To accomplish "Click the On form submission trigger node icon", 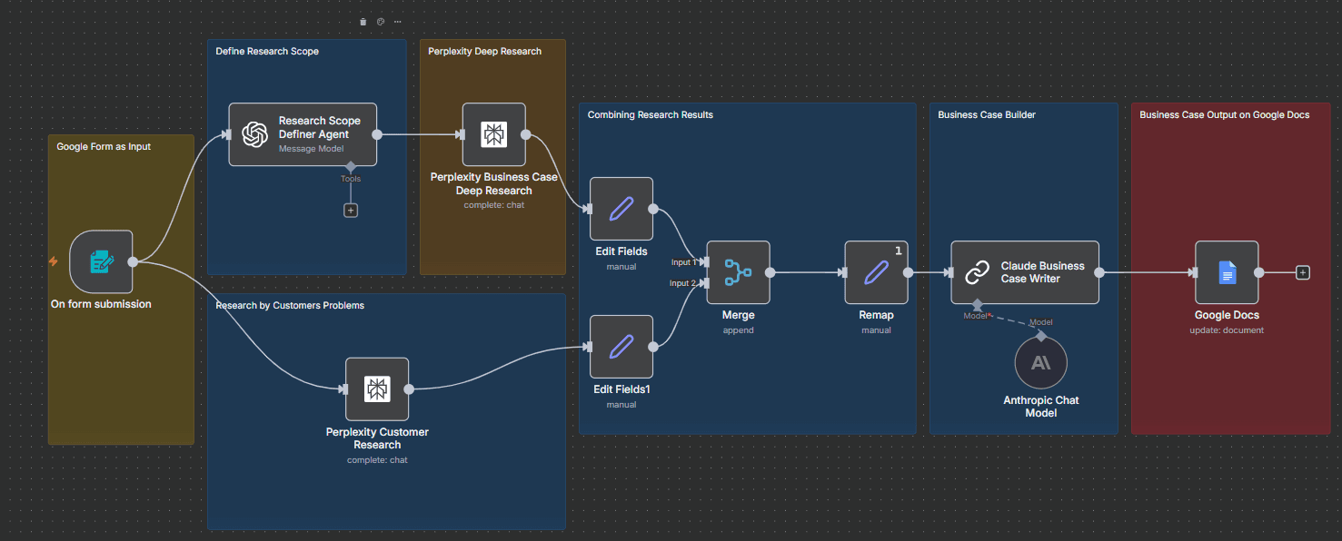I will [x=101, y=262].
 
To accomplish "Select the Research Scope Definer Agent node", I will [x=303, y=134].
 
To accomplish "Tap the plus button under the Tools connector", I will [x=351, y=210].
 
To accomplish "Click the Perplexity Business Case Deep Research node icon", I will [x=494, y=134].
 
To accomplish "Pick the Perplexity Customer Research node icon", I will [x=377, y=389].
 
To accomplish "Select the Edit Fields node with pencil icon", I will [x=621, y=209].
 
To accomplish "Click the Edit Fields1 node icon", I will [x=621, y=346].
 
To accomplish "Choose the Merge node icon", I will [x=738, y=271].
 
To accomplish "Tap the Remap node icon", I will [x=876, y=271].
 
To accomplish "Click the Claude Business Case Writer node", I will [x=1025, y=271].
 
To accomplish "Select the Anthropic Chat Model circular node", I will [x=1040, y=363].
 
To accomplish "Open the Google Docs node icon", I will [x=1227, y=271].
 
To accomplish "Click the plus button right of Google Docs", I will [x=1303, y=271].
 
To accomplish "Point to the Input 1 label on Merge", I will [x=684, y=262].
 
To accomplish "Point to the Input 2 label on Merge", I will [x=684, y=283].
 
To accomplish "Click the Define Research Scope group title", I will [x=267, y=52].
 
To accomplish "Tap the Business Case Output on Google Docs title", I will [x=1224, y=115].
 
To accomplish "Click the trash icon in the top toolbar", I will [x=363, y=22].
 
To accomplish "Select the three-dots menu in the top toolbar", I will [x=398, y=22].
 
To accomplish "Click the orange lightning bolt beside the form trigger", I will [x=54, y=261].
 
